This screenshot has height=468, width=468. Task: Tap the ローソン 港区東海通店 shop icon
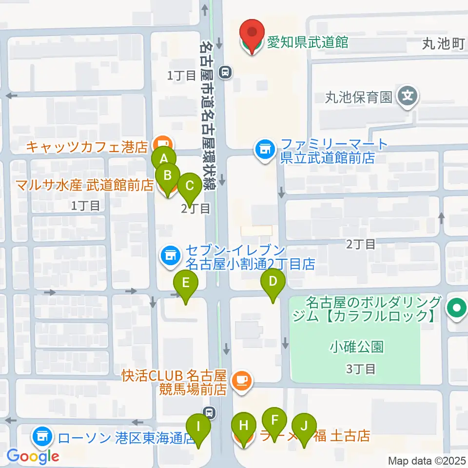(x=42, y=435)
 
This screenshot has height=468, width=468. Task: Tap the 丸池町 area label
(x=442, y=44)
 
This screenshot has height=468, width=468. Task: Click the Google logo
(x=33, y=457)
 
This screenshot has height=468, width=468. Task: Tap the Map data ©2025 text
(x=427, y=461)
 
